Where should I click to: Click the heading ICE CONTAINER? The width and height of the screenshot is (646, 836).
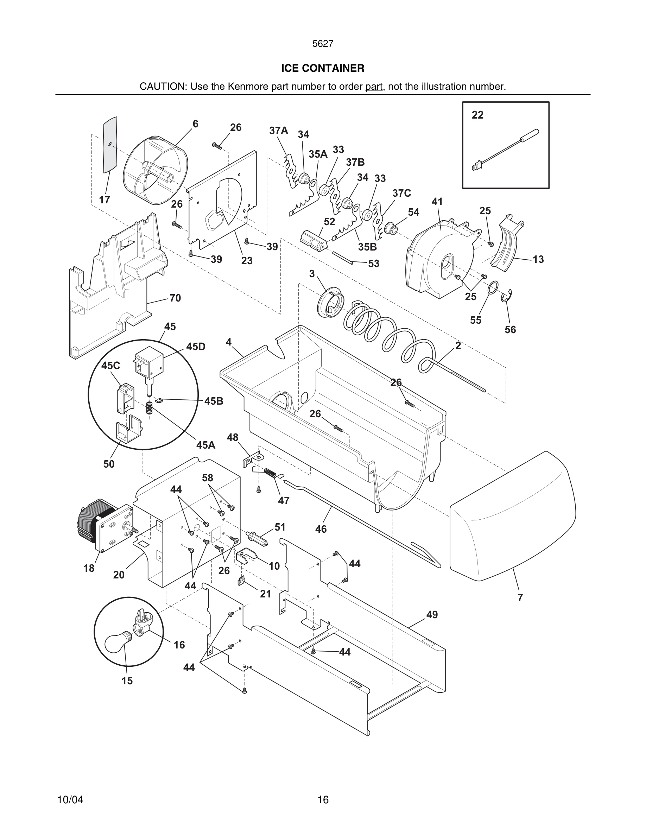pos(323,68)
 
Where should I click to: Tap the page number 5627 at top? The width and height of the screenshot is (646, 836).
pos(323,44)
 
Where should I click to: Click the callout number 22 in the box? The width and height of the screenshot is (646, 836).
pos(477,115)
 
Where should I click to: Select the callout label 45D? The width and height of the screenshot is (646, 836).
pos(196,347)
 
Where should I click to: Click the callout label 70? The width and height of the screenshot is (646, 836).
pos(175,298)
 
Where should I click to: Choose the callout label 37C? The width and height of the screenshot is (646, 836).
pos(401,193)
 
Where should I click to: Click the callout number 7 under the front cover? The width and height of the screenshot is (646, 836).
pos(520,597)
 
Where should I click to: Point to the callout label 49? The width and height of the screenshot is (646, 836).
pos(432,614)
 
